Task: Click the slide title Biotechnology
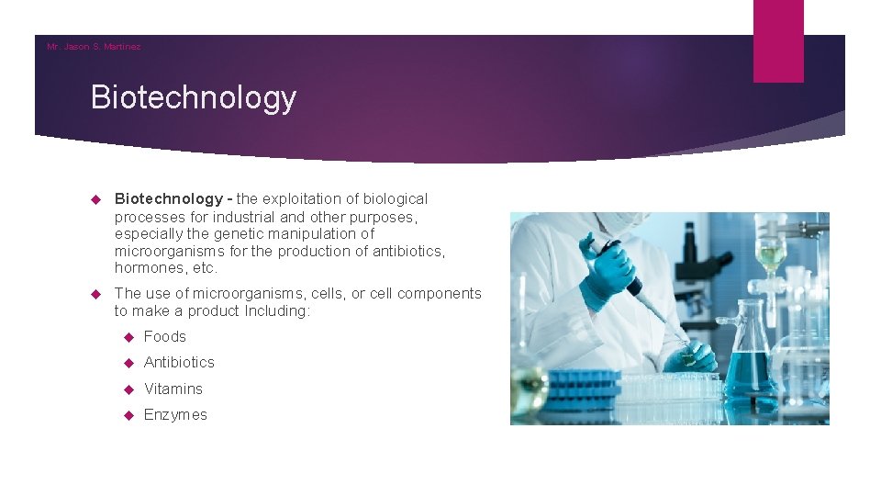pyautogui.click(x=194, y=97)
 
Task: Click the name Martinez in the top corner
pyautogui.click(x=122, y=47)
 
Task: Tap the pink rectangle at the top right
pyautogui.click(x=777, y=40)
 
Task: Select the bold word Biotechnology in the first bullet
pyautogui.click(x=168, y=198)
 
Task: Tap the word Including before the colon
pyautogui.click(x=276, y=310)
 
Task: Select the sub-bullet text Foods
pyautogui.click(x=165, y=336)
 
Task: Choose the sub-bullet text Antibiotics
pyautogui.click(x=179, y=362)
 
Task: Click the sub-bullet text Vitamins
pyautogui.click(x=173, y=389)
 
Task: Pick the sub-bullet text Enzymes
pyautogui.click(x=175, y=414)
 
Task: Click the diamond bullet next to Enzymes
pyautogui.click(x=128, y=415)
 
